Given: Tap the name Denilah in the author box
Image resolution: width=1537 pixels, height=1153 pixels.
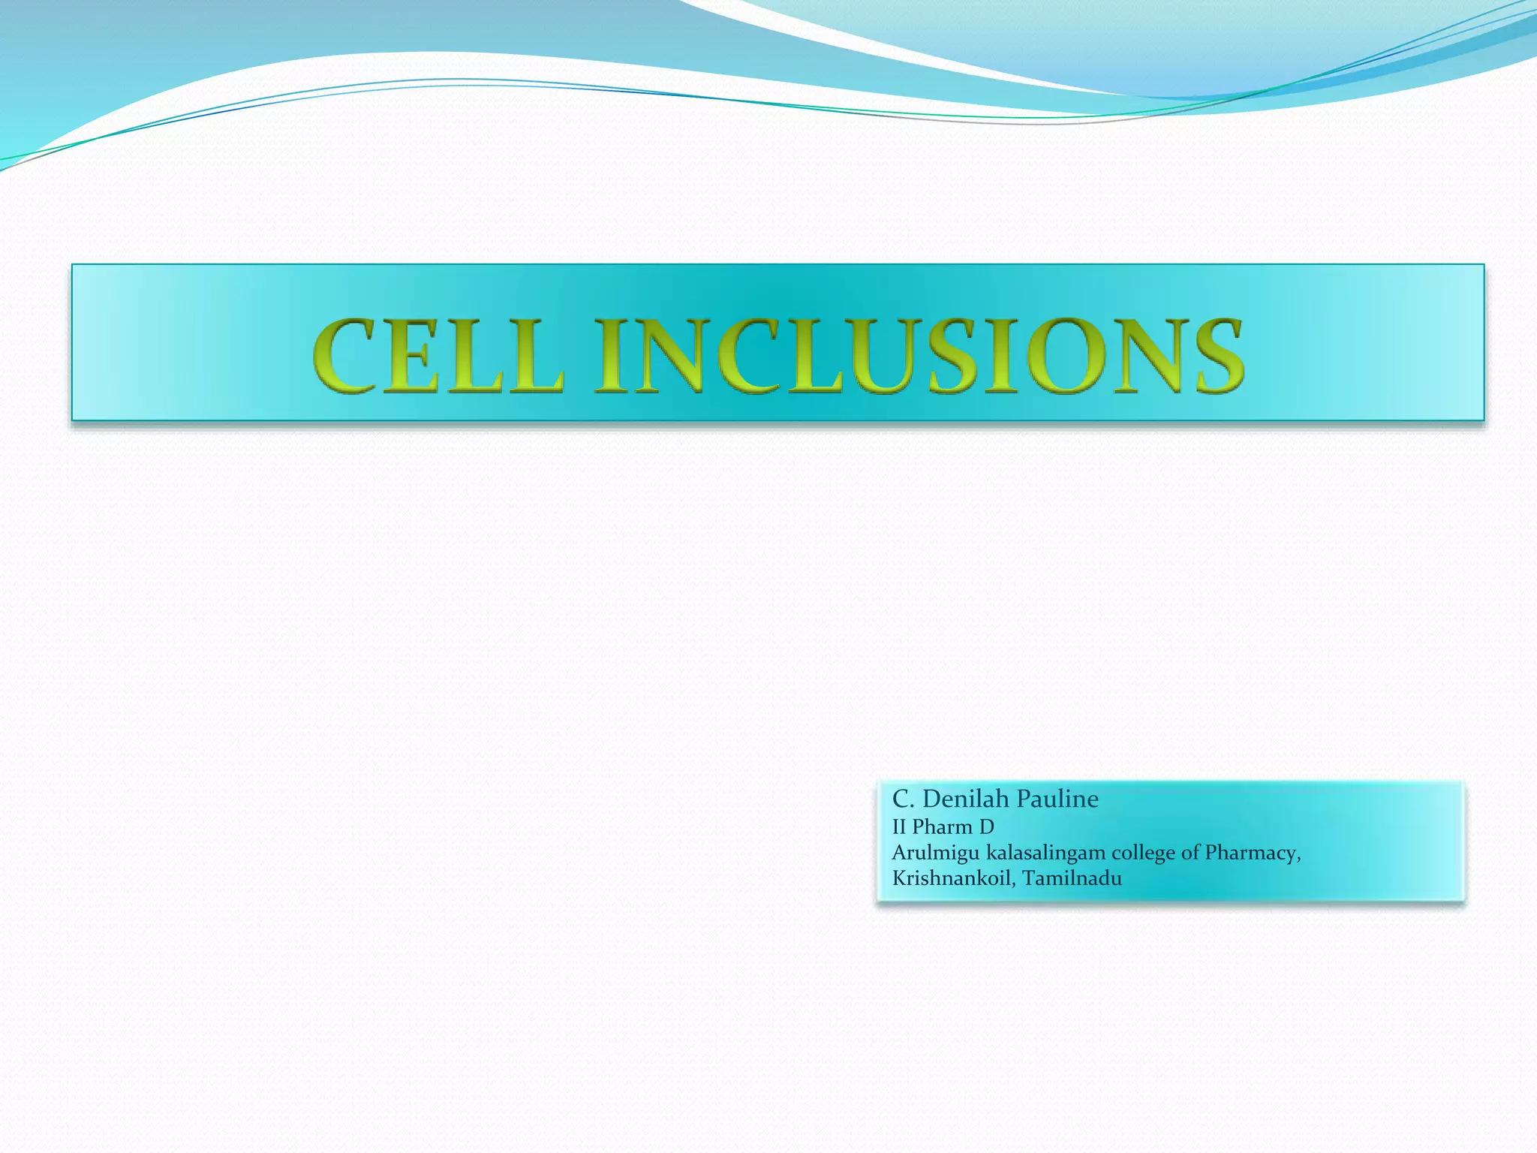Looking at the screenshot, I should [965, 799].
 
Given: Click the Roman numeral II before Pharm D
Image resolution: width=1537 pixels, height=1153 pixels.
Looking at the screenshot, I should [899, 826].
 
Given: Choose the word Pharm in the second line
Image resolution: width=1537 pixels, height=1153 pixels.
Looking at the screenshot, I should [942, 826].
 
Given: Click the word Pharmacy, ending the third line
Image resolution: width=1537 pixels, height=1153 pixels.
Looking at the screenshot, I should [1253, 853].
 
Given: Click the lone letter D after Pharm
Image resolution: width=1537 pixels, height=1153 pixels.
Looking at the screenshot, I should [986, 826].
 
